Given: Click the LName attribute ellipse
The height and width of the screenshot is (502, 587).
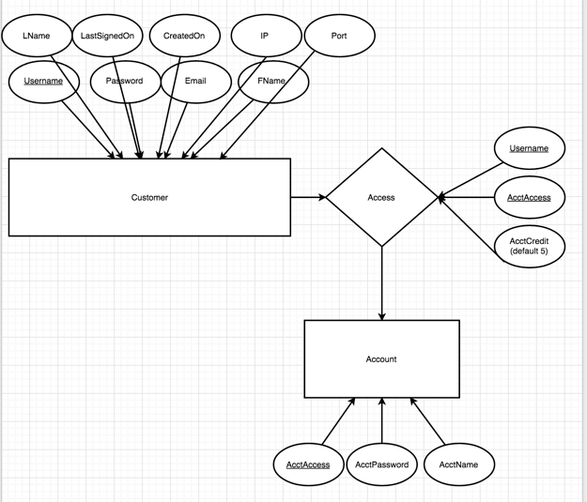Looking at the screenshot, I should tap(37, 37).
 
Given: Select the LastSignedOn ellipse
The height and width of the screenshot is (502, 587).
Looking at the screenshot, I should tap(108, 37).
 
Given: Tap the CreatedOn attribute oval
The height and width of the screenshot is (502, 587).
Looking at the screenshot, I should tap(184, 37).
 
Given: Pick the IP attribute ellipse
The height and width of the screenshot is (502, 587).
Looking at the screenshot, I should tap(265, 37).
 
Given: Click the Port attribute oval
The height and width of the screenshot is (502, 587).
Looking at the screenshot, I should tap(340, 37).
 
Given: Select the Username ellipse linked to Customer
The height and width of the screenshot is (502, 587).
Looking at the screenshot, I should tap(42, 82).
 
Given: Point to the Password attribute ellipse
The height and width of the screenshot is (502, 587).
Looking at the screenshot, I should tap(124, 82).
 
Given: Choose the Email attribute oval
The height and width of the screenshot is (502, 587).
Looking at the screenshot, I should tap(195, 82).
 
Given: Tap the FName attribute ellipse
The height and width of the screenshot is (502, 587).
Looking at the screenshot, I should tap(271, 82).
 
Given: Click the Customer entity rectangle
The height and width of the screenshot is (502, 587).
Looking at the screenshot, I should tap(149, 198).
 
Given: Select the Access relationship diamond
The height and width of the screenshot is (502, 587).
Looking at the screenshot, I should tap(381, 198).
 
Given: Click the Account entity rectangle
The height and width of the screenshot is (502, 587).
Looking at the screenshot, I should tap(381, 359).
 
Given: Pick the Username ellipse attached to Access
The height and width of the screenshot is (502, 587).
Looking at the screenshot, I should tap(529, 149).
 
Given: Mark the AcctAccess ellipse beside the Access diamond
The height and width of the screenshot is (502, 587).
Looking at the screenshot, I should tap(529, 198).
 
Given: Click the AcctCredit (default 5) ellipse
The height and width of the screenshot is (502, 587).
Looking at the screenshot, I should tap(529, 247).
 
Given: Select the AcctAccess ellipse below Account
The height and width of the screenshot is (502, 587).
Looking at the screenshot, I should tap(308, 464).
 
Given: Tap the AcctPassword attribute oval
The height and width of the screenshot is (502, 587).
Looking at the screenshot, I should tap(382, 464).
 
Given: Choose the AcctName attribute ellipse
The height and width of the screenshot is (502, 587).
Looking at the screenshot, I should tap(458, 464).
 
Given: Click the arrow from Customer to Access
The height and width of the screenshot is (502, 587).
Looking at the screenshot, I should tap(308, 198).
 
